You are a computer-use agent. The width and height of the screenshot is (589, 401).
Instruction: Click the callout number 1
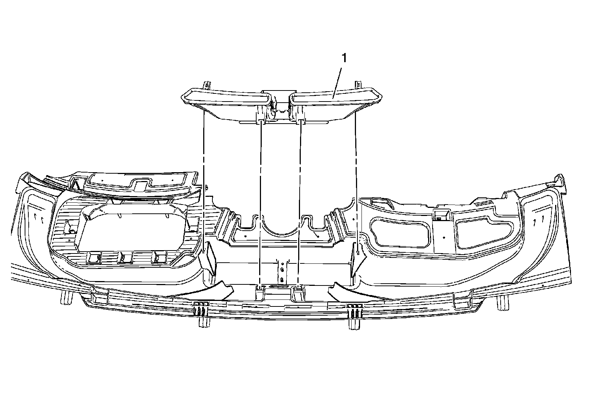pyautogui.click(x=344, y=58)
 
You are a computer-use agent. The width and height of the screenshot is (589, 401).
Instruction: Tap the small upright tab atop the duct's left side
pyautogui.click(x=207, y=85)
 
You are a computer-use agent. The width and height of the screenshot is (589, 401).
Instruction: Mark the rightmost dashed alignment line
pyautogui.click(x=356, y=177)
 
